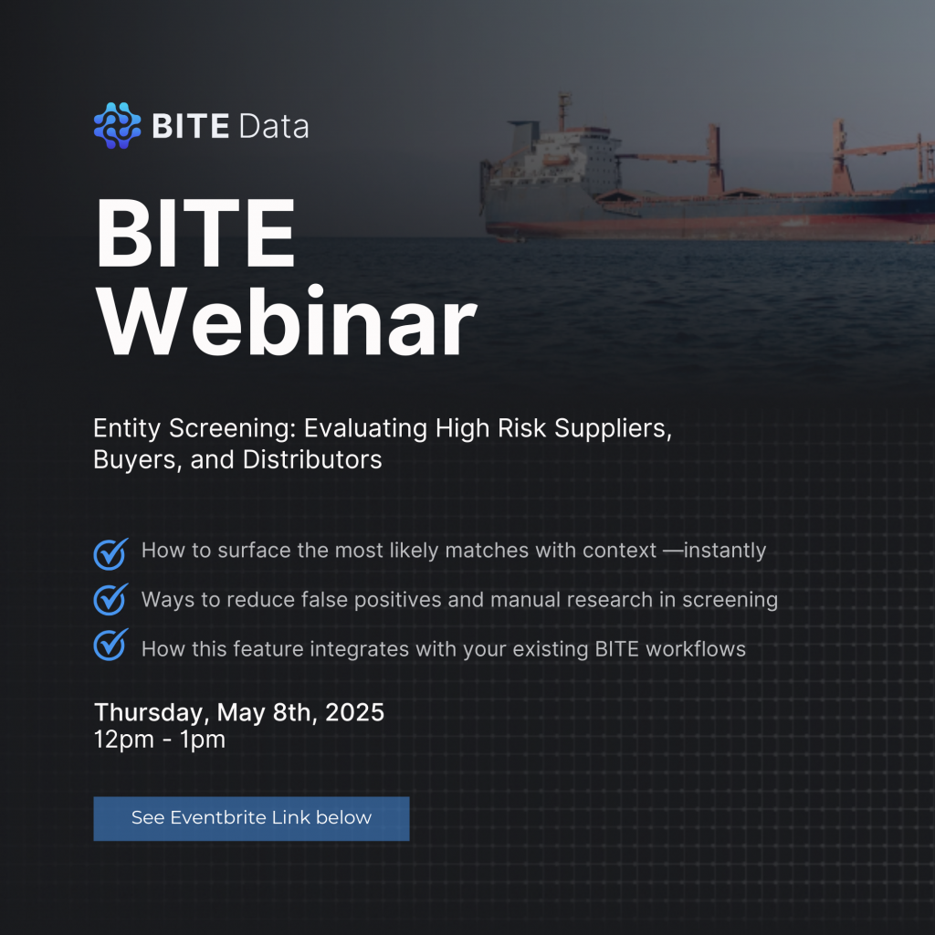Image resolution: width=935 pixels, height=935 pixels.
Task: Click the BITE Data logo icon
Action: click(x=118, y=125)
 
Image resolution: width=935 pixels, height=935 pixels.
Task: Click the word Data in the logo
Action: click(x=274, y=126)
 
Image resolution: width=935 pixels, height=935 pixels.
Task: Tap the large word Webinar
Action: click(x=286, y=321)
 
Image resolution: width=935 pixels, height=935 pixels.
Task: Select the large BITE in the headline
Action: click(x=195, y=233)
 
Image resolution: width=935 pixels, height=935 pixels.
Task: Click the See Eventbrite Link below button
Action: click(x=252, y=818)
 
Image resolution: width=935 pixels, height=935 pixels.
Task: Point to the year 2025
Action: click(x=354, y=712)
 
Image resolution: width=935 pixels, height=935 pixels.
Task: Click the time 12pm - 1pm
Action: click(x=160, y=740)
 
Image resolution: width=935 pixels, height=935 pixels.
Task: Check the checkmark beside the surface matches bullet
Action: click(x=110, y=554)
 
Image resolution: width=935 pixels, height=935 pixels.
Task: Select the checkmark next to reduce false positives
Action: click(x=110, y=599)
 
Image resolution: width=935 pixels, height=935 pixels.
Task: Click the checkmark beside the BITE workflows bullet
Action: click(x=110, y=645)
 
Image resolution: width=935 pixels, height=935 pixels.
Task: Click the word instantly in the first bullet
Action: click(x=725, y=551)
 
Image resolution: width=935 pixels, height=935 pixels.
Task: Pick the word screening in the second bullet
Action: click(x=730, y=600)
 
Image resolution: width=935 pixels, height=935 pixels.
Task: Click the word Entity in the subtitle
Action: click(x=127, y=429)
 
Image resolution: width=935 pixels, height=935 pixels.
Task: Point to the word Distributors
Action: click(x=312, y=460)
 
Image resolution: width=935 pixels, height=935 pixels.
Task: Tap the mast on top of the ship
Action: click(x=563, y=110)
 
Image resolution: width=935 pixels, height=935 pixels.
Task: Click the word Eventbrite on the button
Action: click(x=218, y=817)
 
